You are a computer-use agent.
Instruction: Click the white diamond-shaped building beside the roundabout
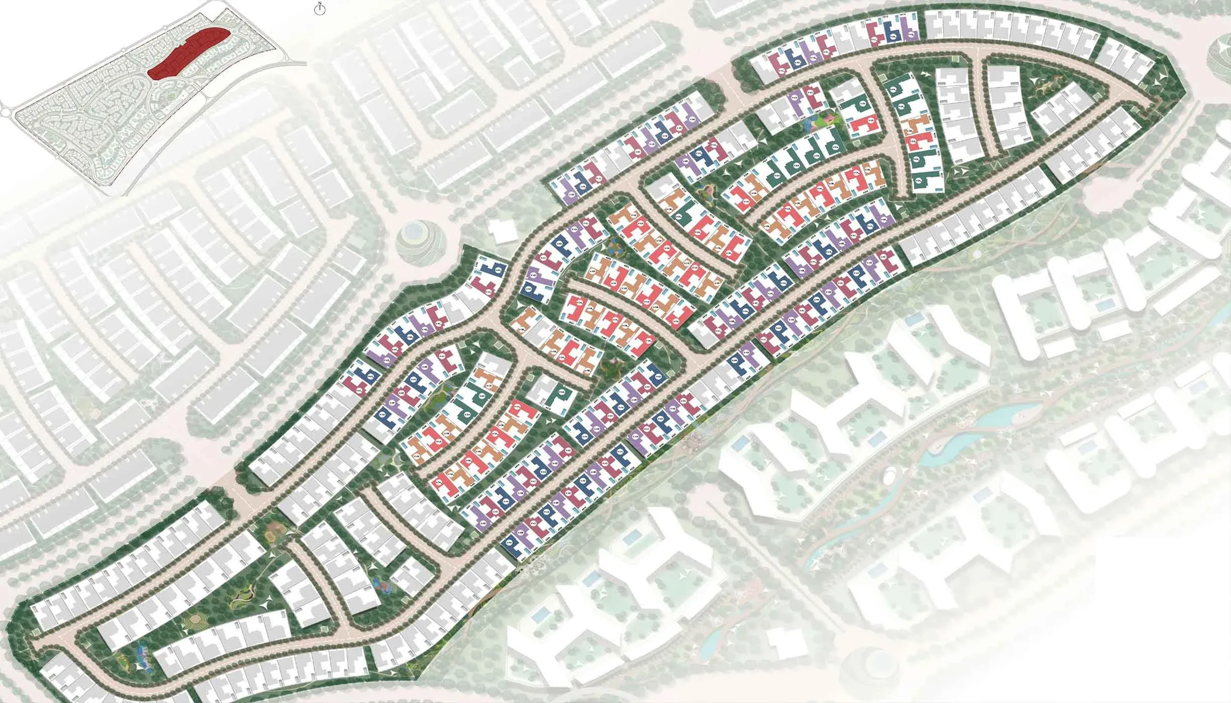501,232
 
